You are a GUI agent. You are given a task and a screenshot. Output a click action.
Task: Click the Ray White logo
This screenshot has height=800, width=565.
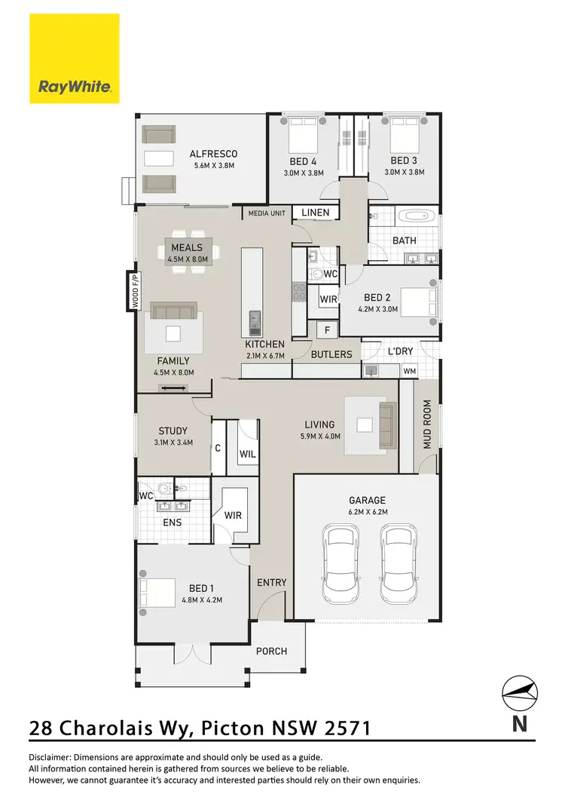75,59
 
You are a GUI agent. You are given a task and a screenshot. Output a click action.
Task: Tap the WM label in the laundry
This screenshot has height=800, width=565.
410,371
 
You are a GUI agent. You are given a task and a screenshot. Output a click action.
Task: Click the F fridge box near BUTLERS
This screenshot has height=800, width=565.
326,330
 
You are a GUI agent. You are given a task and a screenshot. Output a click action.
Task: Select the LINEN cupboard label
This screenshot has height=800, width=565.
315,213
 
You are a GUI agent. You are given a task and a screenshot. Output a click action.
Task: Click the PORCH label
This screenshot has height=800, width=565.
271,651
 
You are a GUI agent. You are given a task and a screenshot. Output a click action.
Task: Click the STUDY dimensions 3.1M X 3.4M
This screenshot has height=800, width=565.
173,443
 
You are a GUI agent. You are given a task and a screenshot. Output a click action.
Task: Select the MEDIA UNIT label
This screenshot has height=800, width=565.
267,213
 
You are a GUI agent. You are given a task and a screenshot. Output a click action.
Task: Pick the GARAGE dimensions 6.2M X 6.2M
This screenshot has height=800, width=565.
367,511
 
